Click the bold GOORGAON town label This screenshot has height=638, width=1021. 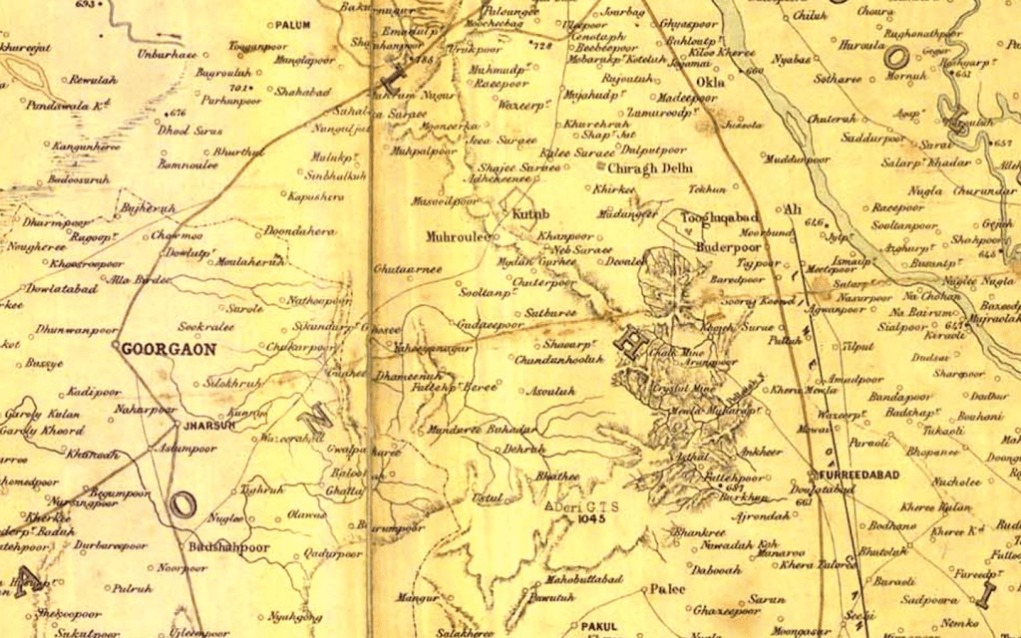click(x=156, y=350)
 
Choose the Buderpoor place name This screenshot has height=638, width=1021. click(x=729, y=243)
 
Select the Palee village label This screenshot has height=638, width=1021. click(x=668, y=589)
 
